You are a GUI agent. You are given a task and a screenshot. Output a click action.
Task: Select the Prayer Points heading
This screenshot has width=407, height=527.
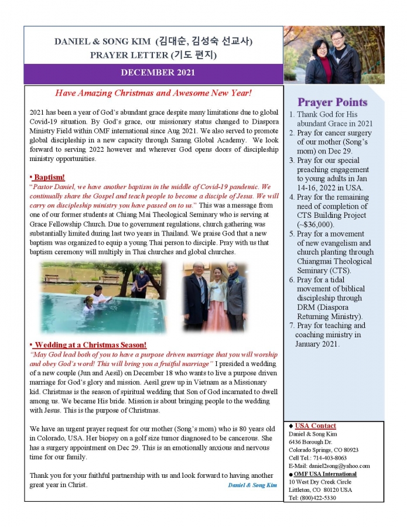tap(332, 102)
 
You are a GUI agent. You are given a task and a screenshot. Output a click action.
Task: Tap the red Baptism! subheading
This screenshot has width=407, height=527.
tap(48, 177)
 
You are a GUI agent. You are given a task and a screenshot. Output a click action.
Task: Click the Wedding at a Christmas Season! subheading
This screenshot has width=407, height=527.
tap(89, 345)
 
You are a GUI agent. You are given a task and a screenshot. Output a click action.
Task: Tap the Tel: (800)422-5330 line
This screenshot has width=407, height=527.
tap(313, 498)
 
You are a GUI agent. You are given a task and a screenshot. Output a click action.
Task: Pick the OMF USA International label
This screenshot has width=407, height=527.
tap(325, 474)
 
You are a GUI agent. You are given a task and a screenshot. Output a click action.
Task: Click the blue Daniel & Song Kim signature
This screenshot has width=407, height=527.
tap(252, 485)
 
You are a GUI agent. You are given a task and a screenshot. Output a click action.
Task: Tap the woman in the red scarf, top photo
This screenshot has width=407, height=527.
tap(317, 59)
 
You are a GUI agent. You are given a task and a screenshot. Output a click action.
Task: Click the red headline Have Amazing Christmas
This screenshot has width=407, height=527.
tap(153, 93)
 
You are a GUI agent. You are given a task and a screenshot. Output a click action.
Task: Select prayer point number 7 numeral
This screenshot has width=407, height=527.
tap(291, 326)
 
